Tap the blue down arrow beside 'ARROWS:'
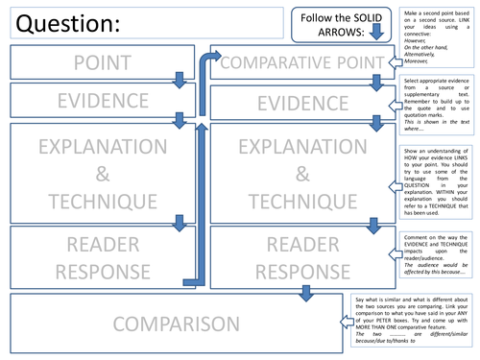(375, 32)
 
